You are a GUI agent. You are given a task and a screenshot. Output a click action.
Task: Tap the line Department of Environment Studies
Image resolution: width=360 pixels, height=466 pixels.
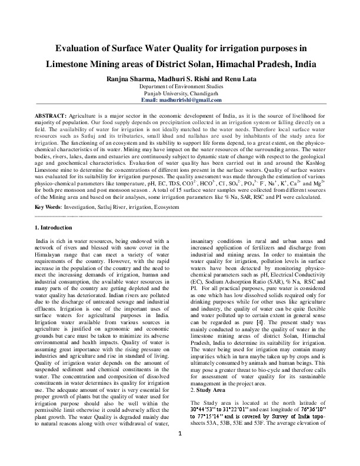coord(180,86)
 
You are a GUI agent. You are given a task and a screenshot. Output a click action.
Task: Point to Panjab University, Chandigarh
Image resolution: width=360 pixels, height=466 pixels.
coord(180,93)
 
